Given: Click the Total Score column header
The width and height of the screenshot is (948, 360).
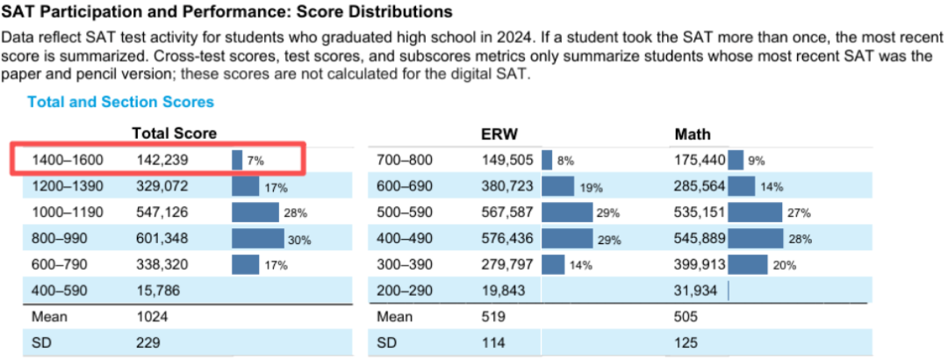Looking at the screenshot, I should [174, 133].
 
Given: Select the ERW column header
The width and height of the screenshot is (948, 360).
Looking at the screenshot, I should [499, 133].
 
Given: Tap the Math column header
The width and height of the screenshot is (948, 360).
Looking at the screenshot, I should [693, 133].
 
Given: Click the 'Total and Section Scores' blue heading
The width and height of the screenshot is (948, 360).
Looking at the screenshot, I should [120, 102].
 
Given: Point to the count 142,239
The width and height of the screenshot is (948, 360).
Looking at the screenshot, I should [162, 160].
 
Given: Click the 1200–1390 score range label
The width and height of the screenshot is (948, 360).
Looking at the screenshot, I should [68, 186].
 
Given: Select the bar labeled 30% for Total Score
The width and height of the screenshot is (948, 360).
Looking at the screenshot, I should [258, 238].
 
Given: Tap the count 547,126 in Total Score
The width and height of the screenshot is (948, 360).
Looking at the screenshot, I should [162, 212].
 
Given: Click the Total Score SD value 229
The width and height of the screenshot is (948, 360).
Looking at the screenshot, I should [147, 342].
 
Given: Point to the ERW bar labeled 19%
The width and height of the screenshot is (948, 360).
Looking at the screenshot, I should [557, 186].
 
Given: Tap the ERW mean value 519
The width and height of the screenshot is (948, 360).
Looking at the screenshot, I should [492, 316].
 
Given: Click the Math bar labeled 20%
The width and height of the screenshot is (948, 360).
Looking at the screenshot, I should [748, 264].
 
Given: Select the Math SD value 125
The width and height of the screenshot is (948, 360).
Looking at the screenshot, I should [686, 342].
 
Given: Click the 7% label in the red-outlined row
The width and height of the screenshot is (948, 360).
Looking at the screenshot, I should [255, 161].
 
